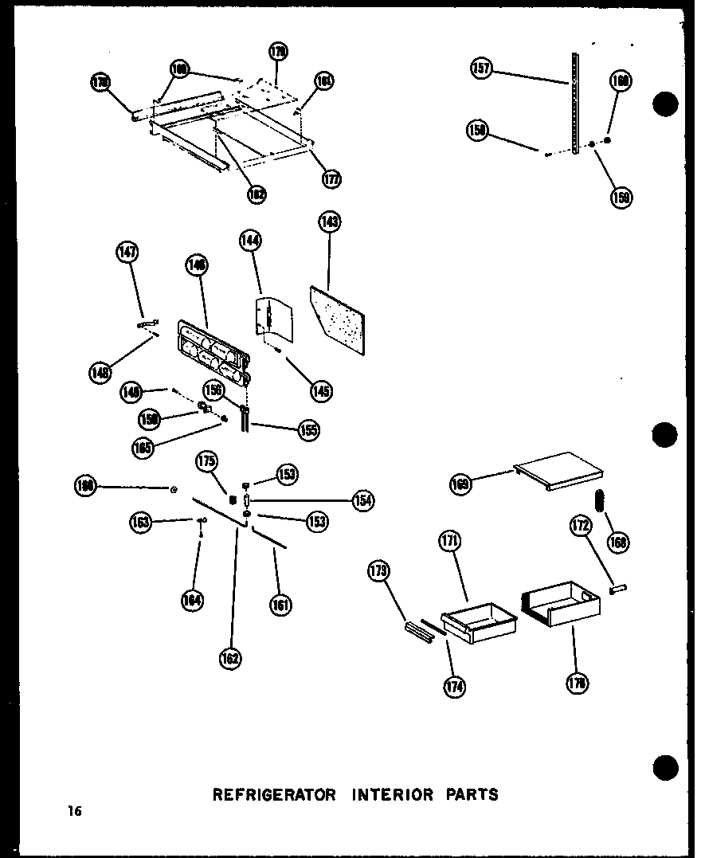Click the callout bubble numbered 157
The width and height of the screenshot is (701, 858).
point(482,69)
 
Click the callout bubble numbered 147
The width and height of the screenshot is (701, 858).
point(127,253)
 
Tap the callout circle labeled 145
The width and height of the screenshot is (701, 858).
point(322,390)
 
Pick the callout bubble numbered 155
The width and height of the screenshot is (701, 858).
point(308,430)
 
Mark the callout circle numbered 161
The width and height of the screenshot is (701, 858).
point(280,605)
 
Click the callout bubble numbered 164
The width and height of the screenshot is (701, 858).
point(191,599)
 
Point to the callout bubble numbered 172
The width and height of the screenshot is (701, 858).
point(578,526)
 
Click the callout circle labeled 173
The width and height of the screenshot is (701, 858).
point(378,570)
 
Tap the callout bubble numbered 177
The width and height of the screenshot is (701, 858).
point(331,178)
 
